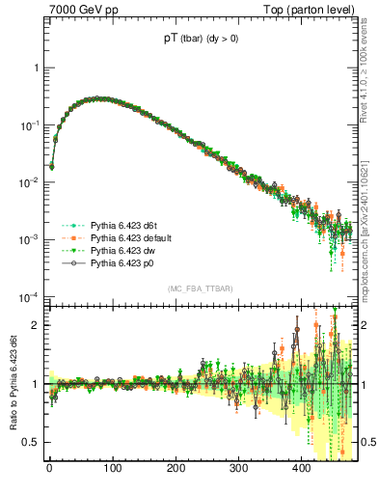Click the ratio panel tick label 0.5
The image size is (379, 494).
[x=32, y=442]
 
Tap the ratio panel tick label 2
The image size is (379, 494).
[x=37, y=325]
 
